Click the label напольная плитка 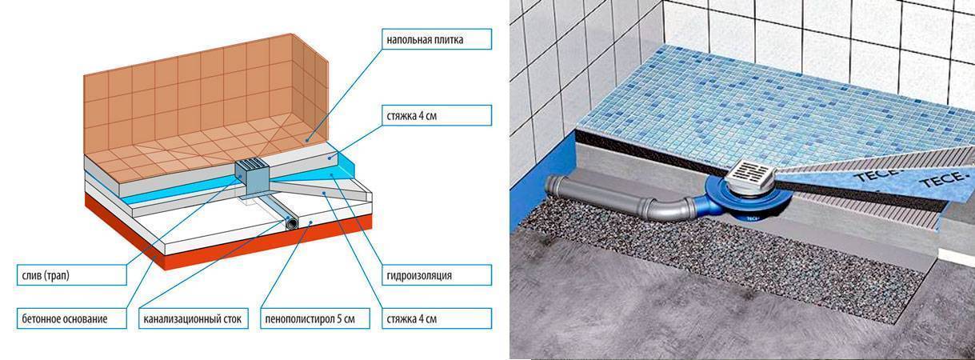[x=426, y=38]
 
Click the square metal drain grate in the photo [x=751, y=173]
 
